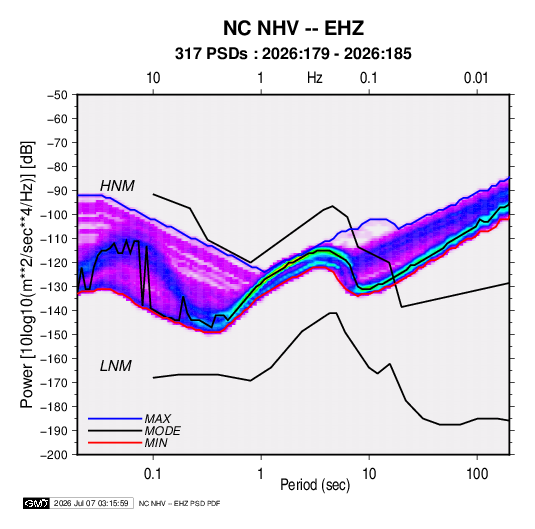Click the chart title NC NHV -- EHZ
(293, 28)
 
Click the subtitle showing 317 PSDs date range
(293, 54)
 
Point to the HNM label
(117, 186)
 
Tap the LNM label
(116, 366)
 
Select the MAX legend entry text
(158, 418)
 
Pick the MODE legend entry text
(162, 431)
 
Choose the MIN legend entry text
(156, 443)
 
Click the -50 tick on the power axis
(57, 95)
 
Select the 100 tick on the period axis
(477, 474)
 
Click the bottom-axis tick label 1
(261, 474)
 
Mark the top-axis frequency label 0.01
(476, 78)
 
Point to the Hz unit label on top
(315, 78)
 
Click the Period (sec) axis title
(315, 485)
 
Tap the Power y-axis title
(27, 275)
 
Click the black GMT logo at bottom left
(37, 503)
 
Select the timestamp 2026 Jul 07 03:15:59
(91, 503)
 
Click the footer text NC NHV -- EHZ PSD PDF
(179, 503)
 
